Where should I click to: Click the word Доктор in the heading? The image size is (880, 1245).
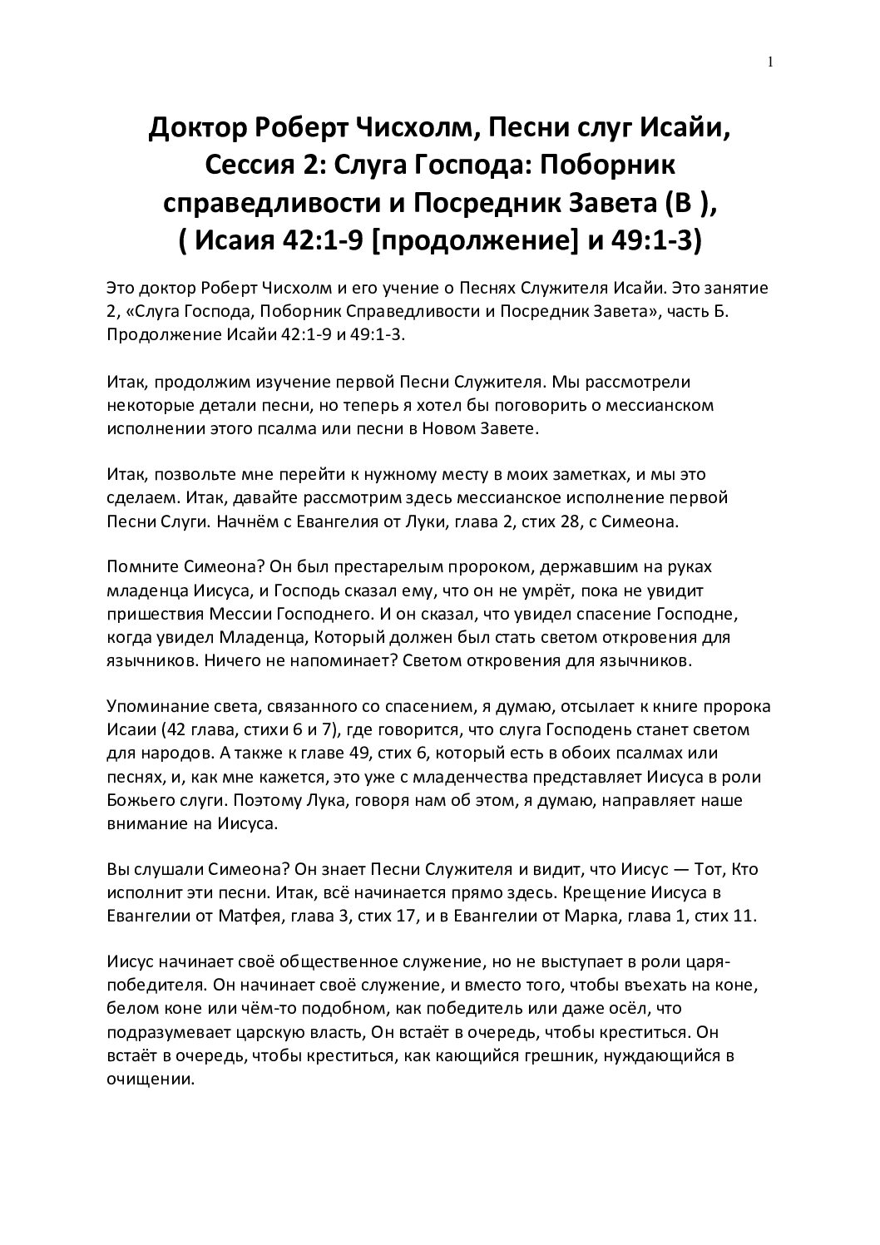pos(194,129)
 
